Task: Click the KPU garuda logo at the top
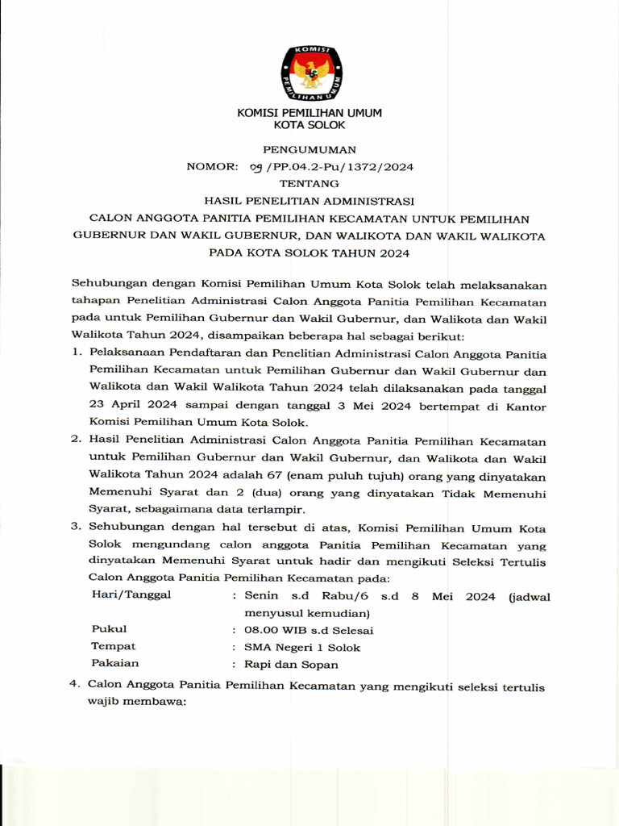[x=309, y=73]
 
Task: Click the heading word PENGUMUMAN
[x=309, y=150]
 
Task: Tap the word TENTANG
[x=309, y=184]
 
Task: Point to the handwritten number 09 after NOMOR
[x=257, y=167]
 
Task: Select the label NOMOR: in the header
[x=213, y=167]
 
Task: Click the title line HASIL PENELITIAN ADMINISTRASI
[x=309, y=201]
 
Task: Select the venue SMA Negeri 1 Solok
[x=297, y=647]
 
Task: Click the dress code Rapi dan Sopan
[x=285, y=665]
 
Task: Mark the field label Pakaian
[x=114, y=664]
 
